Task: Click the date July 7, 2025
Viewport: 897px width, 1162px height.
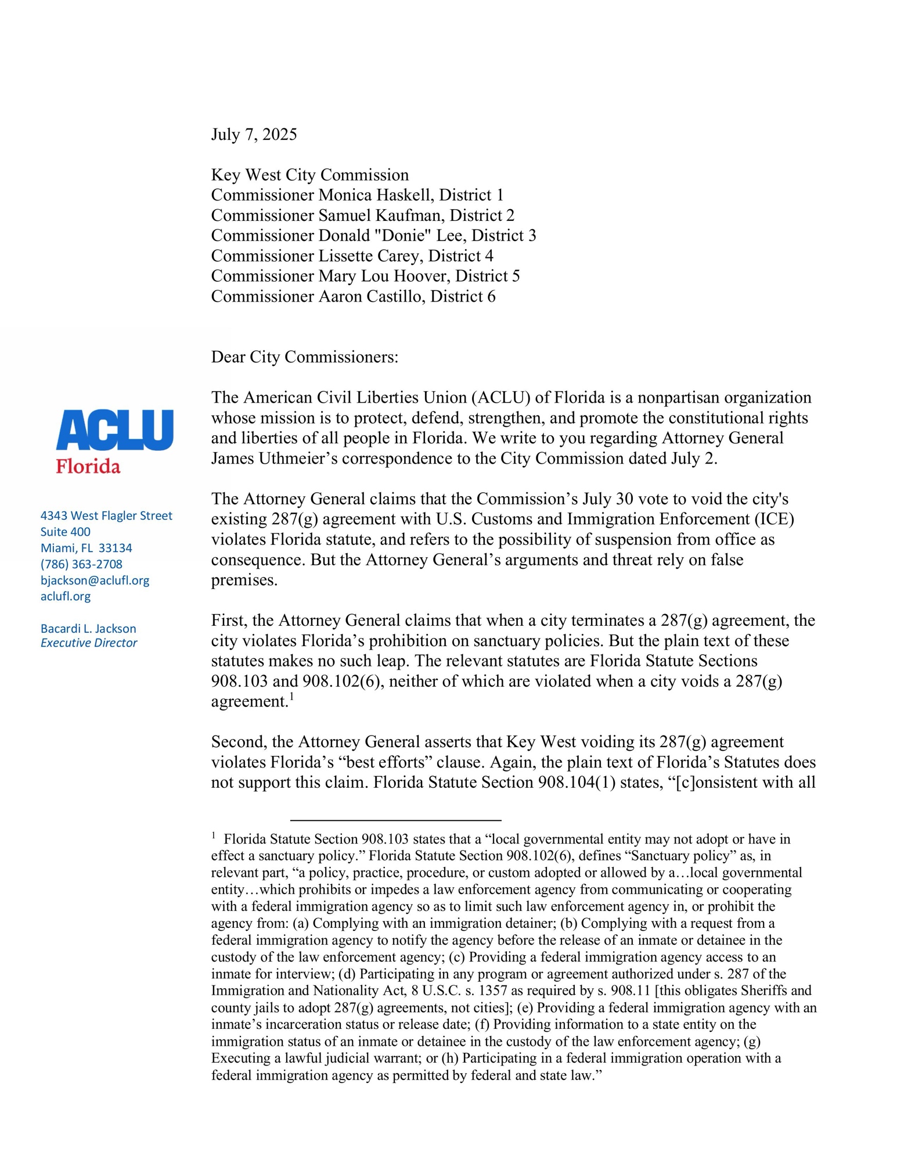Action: pyautogui.click(x=254, y=134)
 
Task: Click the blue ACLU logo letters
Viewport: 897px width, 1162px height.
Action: pyautogui.click(x=114, y=430)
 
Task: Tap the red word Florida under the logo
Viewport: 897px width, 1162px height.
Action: pyautogui.click(x=88, y=467)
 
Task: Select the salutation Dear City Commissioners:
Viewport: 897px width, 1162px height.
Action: pyautogui.click(x=305, y=357)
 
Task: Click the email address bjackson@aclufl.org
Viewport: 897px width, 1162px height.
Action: pyautogui.click(x=95, y=580)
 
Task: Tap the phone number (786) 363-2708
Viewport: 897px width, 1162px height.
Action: pyautogui.click(x=81, y=564)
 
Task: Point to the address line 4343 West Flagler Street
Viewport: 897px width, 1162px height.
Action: pyautogui.click(x=106, y=515)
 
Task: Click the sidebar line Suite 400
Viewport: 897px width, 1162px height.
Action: pyautogui.click(x=65, y=532)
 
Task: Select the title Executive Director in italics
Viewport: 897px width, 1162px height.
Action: pyautogui.click(x=89, y=643)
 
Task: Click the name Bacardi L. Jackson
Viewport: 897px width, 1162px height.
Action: pyautogui.click(x=88, y=629)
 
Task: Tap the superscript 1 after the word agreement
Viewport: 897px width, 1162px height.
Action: pyautogui.click(x=291, y=697)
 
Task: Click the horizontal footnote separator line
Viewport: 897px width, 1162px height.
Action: pyautogui.click(x=395, y=820)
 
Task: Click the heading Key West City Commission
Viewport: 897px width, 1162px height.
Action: pyautogui.click(x=309, y=175)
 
